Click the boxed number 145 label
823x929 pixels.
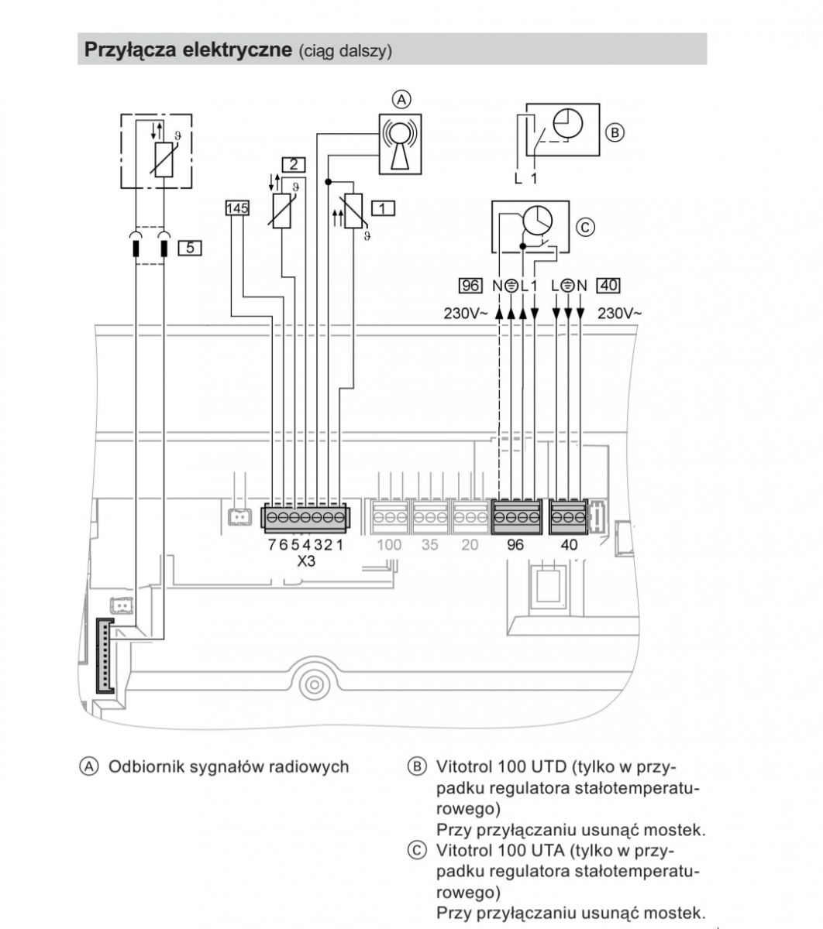click(x=237, y=208)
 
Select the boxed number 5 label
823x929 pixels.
click(x=190, y=248)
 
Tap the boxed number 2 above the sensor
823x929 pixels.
click(x=293, y=164)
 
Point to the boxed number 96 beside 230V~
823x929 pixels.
click(x=470, y=286)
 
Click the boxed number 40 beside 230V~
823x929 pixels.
click(x=608, y=285)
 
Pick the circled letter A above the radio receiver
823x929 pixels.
click(x=401, y=100)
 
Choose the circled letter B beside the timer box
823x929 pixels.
click(x=615, y=132)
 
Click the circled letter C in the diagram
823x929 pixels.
click(x=585, y=227)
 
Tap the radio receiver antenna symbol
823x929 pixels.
click(x=400, y=145)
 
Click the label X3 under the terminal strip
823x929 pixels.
click(x=306, y=560)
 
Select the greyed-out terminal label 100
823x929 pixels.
click(x=389, y=545)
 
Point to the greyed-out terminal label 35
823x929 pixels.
click(x=429, y=545)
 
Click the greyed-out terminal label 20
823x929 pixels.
click(x=470, y=545)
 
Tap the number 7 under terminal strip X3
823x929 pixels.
click(x=272, y=545)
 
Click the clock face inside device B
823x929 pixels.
click(x=568, y=123)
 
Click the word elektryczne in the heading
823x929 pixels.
click(x=237, y=49)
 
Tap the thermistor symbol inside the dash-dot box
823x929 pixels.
click(x=164, y=159)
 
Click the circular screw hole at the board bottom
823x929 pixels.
click(x=315, y=685)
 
